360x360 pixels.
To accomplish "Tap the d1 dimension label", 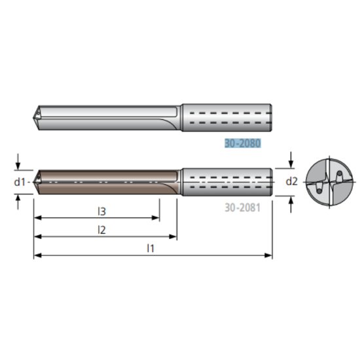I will pos(19,182).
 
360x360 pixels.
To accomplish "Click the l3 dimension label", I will pos(101,211).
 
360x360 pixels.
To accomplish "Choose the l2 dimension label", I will pos(101,229).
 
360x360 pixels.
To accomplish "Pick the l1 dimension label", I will pos(150,248).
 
